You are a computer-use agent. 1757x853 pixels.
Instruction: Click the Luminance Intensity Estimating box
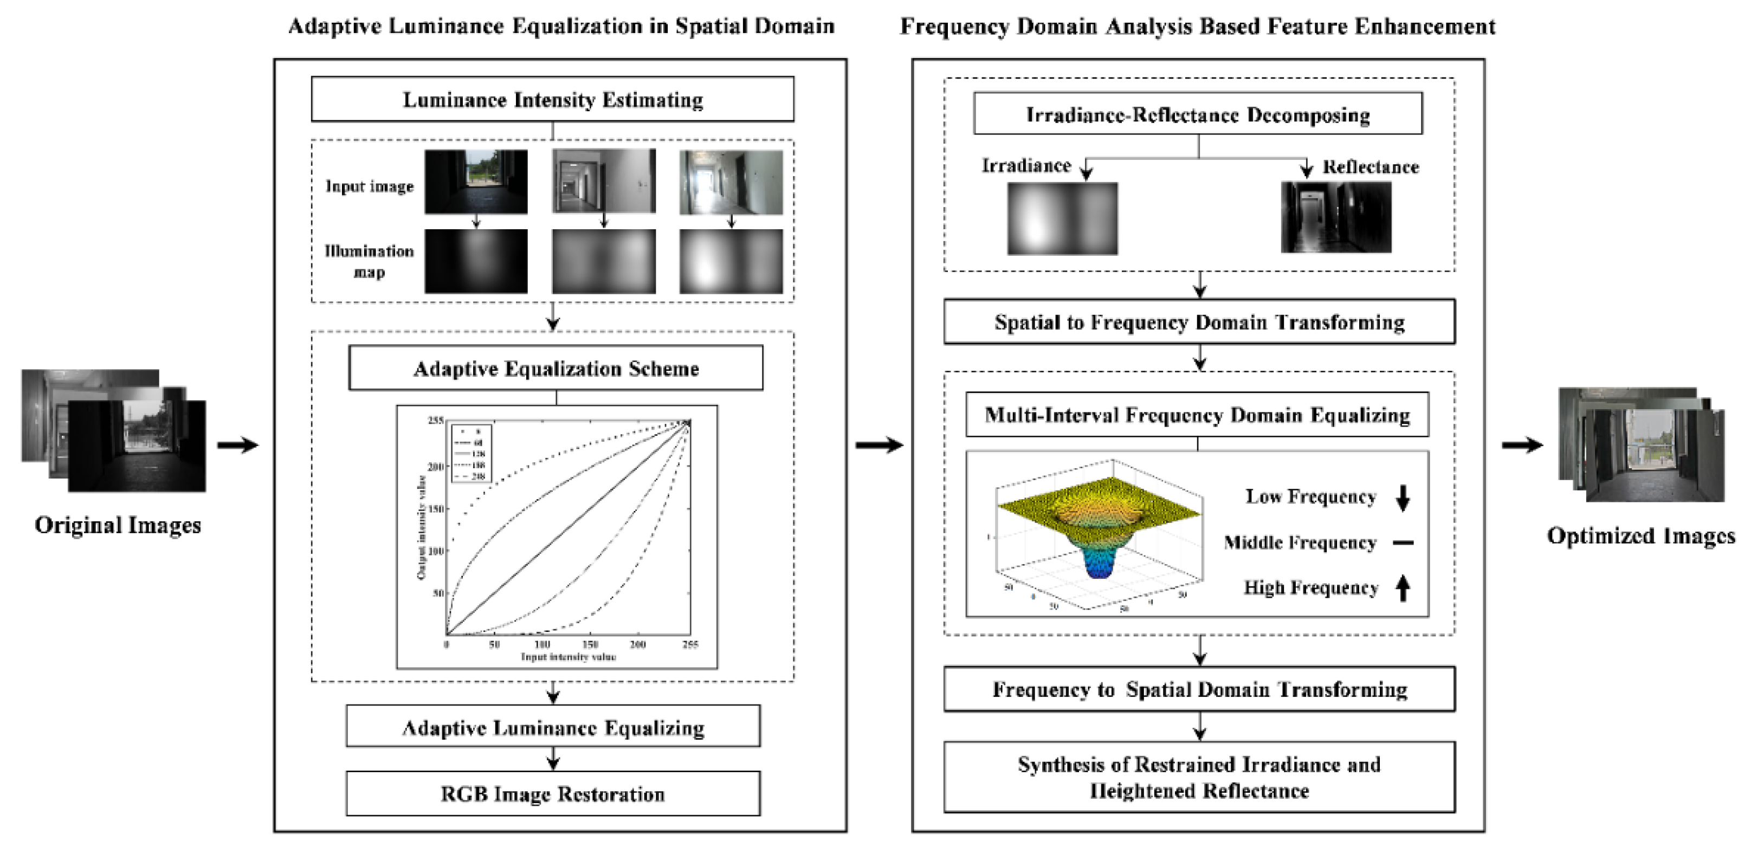(x=552, y=100)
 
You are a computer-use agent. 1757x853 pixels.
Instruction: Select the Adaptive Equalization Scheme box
(x=556, y=368)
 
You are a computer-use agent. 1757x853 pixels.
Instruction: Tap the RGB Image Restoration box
(x=552, y=794)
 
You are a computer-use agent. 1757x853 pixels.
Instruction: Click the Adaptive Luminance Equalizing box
(x=552, y=727)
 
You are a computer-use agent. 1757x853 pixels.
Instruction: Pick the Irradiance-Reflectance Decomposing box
(x=1198, y=114)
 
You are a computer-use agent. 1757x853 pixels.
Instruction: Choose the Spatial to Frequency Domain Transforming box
(x=1199, y=322)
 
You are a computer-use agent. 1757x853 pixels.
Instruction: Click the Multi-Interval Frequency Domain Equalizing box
(x=1197, y=415)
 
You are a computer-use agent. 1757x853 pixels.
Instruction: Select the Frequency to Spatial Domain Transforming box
(x=1199, y=689)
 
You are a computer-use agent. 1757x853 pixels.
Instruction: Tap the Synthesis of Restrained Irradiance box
(x=1199, y=777)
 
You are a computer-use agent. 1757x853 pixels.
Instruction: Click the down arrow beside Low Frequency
(x=1403, y=497)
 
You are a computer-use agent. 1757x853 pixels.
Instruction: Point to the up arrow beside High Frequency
(x=1403, y=588)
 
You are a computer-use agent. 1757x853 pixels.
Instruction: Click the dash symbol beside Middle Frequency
(x=1403, y=544)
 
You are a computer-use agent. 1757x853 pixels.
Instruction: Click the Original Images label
(x=117, y=525)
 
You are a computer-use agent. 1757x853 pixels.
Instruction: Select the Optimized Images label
(x=1640, y=536)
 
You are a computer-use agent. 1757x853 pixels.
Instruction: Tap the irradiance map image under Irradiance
(x=1062, y=219)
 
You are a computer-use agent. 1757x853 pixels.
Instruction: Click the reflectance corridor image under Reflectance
(x=1335, y=217)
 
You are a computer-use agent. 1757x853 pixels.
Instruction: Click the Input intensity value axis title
(x=568, y=657)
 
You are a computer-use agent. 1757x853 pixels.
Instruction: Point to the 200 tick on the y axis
(x=435, y=467)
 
